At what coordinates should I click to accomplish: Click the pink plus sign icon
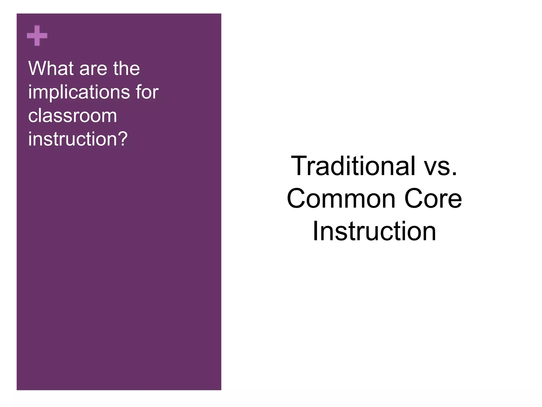click(x=37, y=36)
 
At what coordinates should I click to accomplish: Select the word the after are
click(x=127, y=68)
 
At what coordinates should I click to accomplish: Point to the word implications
click(x=79, y=92)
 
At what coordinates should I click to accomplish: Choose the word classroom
click(x=73, y=116)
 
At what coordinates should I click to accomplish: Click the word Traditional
click(x=353, y=166)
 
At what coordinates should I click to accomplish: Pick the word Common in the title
click(x=341, y=199)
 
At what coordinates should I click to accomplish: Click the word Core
click(x=433, y=199)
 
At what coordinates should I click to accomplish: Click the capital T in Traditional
click(x=299, y=165)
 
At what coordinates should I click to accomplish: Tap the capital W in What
click(x=37, y=68)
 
